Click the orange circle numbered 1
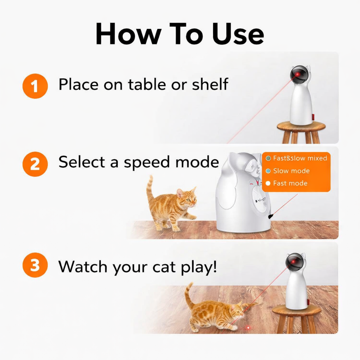coord(35,86)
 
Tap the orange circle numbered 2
coord(35,164)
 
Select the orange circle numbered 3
coord(35,265)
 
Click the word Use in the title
coord(237,34)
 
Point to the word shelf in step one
coord(210,84)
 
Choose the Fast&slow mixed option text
coord(300,158)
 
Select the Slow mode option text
coord(291,171)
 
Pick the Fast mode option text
coord(290,183)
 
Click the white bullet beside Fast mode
coord(268,183)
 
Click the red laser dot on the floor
coord(248,328)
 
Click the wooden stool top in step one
coord(301,126)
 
